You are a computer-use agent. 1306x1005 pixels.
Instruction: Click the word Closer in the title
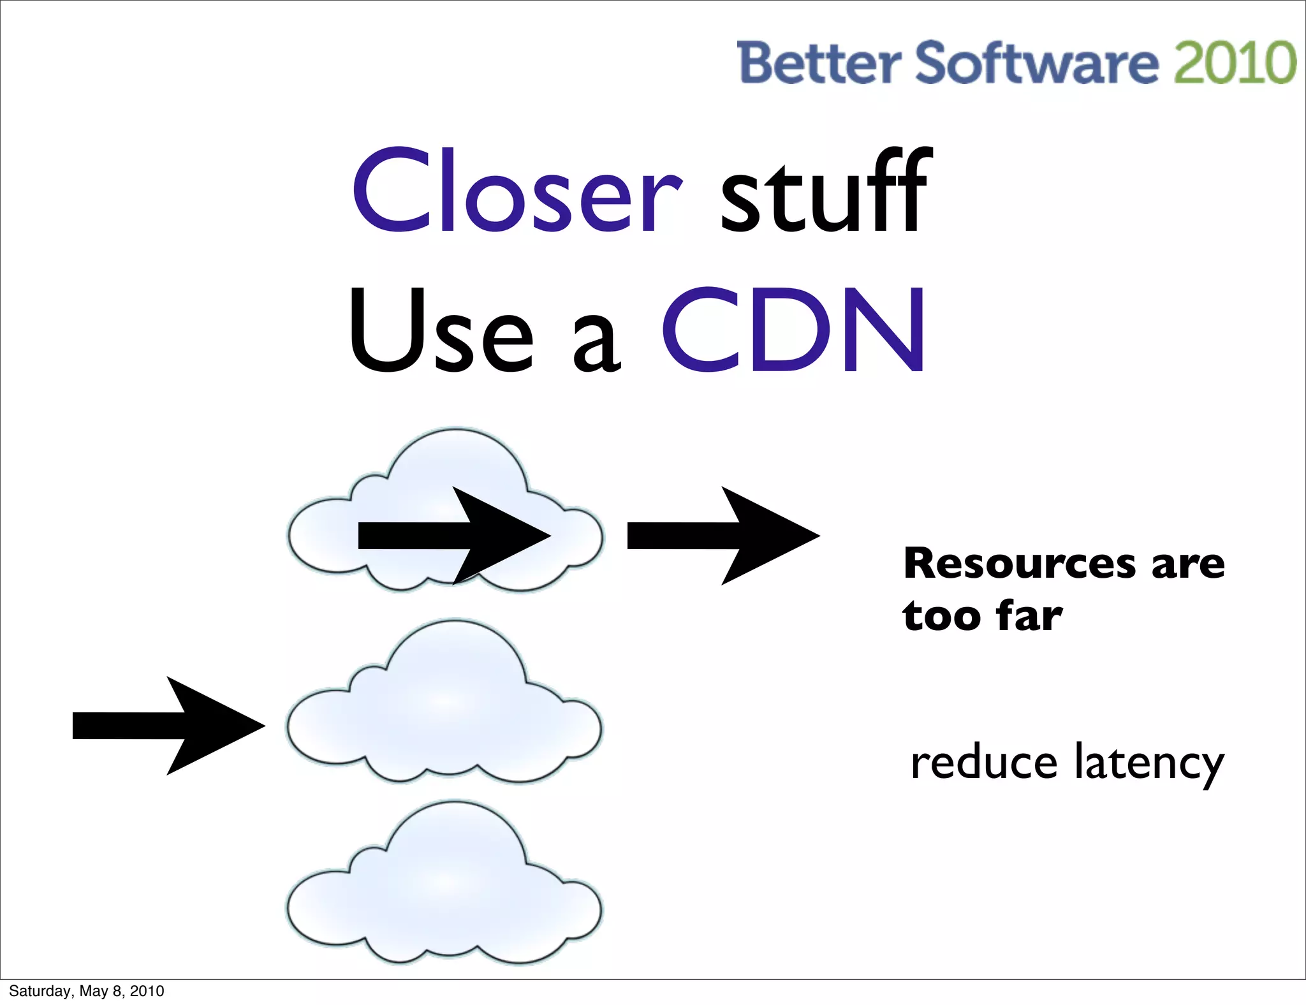pyautogui.click(x=517, y=191)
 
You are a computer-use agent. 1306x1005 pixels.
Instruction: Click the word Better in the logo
pyautogui.click(x=819, y=62)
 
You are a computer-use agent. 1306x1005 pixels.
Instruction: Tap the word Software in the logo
pyautogui.click(x=1037, y=62)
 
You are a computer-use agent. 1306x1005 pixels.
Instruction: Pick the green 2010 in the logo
pyautogui.click(x=1235, y=62)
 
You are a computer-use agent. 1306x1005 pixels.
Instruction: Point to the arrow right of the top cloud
pyautogui.click(x=724, y=536)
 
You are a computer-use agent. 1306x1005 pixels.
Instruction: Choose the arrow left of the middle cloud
pyautogui.click(x=169, y=726)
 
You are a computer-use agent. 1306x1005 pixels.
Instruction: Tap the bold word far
pyautogui.click(x=1029, y=616)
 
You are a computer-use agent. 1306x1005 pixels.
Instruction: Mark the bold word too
pyautogui.click(x=941, y=616)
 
